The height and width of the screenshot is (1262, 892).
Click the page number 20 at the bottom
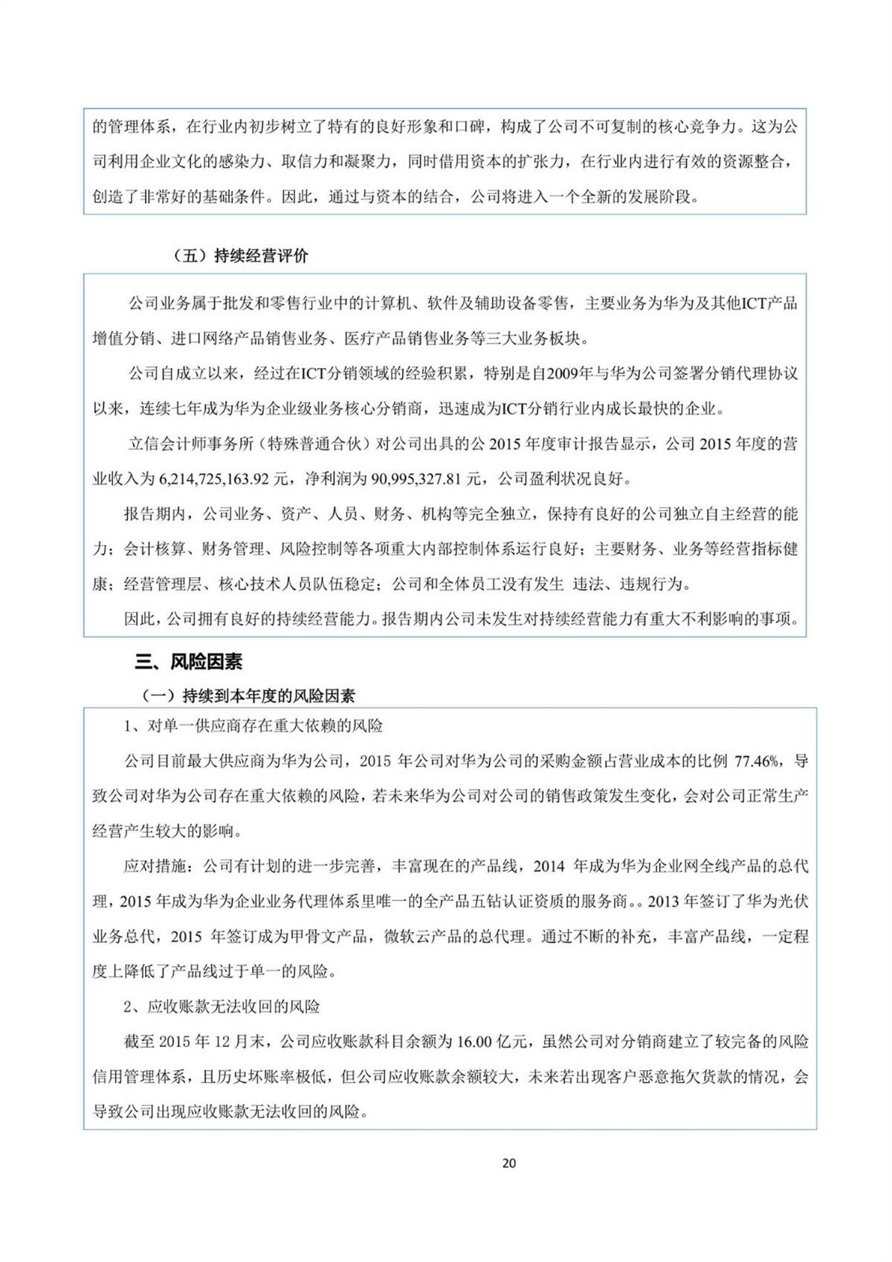coord(509,1163)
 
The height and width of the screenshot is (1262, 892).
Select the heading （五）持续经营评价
coord(240,256)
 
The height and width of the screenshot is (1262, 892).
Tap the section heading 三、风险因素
coord(188,661)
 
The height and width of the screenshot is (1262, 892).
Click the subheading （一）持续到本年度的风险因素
coord(248,696)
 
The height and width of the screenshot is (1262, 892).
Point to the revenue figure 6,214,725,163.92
coord(214,479)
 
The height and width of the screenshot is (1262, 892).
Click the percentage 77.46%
coord(757,761)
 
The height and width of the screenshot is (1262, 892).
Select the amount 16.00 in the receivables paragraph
coord(474,1042)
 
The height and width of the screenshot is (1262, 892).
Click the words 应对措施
coord(155,866)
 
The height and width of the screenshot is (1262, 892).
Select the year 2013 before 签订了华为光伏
coord(664,901)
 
